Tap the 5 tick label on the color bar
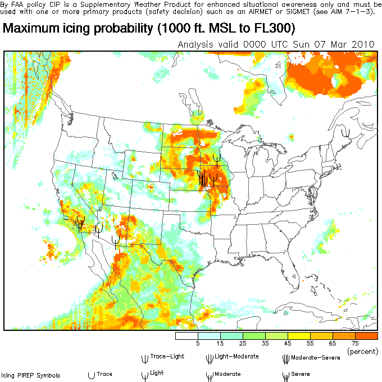coord(198,343)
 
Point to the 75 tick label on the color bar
coord(355,343)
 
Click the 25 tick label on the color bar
coord(243,343)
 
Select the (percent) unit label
coord(362,351)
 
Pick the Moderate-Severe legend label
coord(313,356)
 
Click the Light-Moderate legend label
coord(237,356)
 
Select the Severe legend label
coord(301,374)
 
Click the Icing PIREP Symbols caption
coord(30,375)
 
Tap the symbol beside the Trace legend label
coord(90,374)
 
